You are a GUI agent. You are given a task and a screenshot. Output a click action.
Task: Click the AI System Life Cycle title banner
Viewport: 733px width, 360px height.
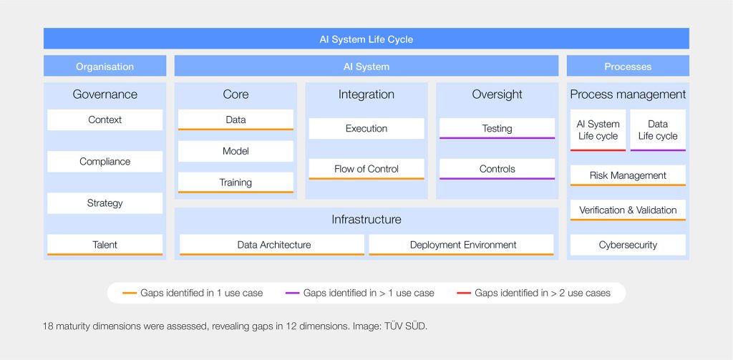[x=366, y=39]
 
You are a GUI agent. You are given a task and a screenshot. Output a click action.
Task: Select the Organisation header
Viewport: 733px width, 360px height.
[x=105, y=66]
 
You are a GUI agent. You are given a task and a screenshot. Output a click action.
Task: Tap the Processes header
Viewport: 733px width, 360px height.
[x=628, y=66]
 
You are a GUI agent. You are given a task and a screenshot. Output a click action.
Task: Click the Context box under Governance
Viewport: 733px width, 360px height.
[x=105, y=120]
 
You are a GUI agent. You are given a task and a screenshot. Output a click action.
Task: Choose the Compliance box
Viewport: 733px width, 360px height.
[x=105, y=162]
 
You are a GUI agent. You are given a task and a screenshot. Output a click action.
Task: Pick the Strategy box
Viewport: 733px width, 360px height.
[x=105, y=203]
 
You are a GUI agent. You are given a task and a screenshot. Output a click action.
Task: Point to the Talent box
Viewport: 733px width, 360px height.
[x=105, y=245]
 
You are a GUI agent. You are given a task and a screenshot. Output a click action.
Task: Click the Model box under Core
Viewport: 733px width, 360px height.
[x=236, y=152]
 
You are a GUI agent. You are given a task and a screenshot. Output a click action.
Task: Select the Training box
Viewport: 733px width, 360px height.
[x=236, y=183]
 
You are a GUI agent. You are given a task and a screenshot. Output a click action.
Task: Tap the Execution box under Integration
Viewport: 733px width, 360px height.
[x=366, y=129]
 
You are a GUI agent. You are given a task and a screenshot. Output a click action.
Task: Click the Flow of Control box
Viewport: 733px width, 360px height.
[x=366, y=169]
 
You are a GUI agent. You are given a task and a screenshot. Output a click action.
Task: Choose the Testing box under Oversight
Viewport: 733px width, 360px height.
[x=497, y=129]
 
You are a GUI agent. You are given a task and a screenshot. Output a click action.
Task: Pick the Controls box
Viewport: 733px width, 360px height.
[x=497, y=169]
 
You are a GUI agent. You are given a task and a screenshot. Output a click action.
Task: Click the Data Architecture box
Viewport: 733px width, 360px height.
[x=272, y=245]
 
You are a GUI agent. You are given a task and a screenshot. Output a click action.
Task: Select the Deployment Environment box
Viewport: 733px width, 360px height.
[x=462, y=245]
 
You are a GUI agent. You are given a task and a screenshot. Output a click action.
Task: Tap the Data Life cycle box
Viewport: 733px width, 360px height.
[x=658, y=130]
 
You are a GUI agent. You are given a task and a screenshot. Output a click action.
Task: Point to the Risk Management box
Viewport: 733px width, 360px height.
[x=628, y=176]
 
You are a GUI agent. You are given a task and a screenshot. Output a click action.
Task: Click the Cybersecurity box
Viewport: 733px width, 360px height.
[x=628, y=245]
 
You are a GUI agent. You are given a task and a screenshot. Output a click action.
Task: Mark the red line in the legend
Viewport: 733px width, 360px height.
[x=464, y=293]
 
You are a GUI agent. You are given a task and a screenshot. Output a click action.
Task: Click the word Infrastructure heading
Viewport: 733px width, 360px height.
[x=366, y=219]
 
